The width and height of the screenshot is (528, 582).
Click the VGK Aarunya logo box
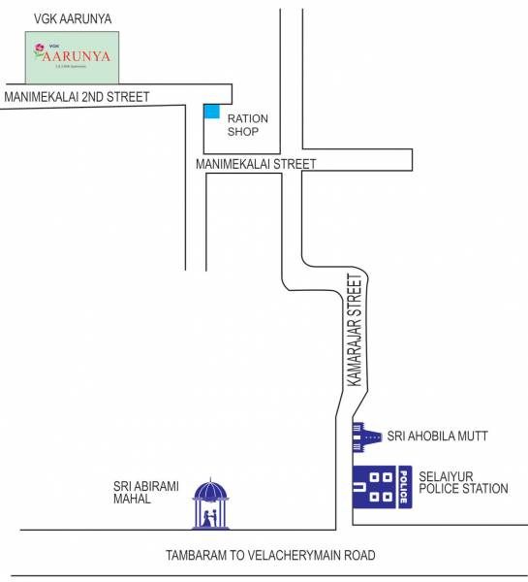(x=73, y=56)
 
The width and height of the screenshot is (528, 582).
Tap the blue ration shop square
(x=211, y=111)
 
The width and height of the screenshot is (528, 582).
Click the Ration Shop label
(x=247, y=125)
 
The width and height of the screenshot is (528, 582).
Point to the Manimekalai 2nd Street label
(x=78, y=96)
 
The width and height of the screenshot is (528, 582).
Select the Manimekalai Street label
(x=256, y=164)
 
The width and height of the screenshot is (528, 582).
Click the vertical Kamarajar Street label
(x=355, y=331)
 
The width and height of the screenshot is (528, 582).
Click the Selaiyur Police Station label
(x=463, y=482)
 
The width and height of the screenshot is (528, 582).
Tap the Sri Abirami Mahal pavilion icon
(x=211, y=504)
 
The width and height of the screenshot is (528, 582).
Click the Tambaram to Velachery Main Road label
(x=270, y=555)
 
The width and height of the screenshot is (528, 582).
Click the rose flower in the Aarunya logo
(x=39, y=48)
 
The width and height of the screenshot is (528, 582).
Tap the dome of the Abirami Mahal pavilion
(x=211, y=488)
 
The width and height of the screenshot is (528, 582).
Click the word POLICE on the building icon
(x=403, y=487)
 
